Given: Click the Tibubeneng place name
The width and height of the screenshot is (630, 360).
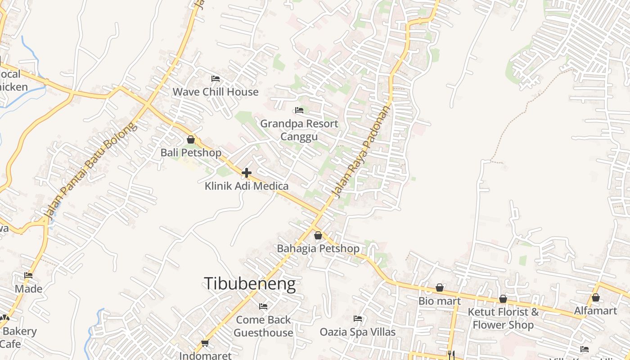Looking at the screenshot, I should point(250,284).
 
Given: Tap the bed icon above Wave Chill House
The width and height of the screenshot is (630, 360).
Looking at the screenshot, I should point(216,79).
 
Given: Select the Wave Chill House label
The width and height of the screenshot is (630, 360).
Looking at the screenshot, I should point(216,92).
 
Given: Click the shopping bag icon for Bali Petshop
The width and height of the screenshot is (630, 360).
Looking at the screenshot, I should point(191,139).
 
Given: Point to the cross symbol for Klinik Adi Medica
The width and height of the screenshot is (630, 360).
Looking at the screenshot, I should point(247,172).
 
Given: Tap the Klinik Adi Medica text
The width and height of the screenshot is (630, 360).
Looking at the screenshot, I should point(247,186).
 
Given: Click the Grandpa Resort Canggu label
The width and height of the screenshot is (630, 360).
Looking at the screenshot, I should point(299,130).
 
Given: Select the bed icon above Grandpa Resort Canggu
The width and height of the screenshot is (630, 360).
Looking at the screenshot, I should point(299,110).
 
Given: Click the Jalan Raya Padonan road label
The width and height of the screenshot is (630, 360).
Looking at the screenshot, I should point(361,152).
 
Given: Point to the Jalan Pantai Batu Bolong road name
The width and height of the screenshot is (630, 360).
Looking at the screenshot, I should point(90,171).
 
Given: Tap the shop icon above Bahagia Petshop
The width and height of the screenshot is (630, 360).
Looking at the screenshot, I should point(318,235).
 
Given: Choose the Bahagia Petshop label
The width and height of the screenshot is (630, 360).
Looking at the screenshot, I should point(318,248).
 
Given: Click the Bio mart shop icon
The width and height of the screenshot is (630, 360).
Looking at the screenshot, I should point(440,288).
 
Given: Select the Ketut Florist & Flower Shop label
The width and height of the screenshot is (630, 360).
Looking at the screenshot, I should point(503,318).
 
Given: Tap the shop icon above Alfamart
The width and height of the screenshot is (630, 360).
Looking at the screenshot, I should point(596,297).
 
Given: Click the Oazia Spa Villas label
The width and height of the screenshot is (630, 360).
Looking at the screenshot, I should point(358,332).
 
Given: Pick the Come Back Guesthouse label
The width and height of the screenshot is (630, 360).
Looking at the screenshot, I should point(263,326).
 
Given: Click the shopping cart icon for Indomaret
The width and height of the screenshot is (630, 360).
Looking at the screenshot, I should point(205,343).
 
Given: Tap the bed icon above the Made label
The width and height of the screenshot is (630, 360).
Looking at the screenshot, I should point(28,275).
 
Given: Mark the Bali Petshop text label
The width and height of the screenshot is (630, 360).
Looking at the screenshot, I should point(191,153).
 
